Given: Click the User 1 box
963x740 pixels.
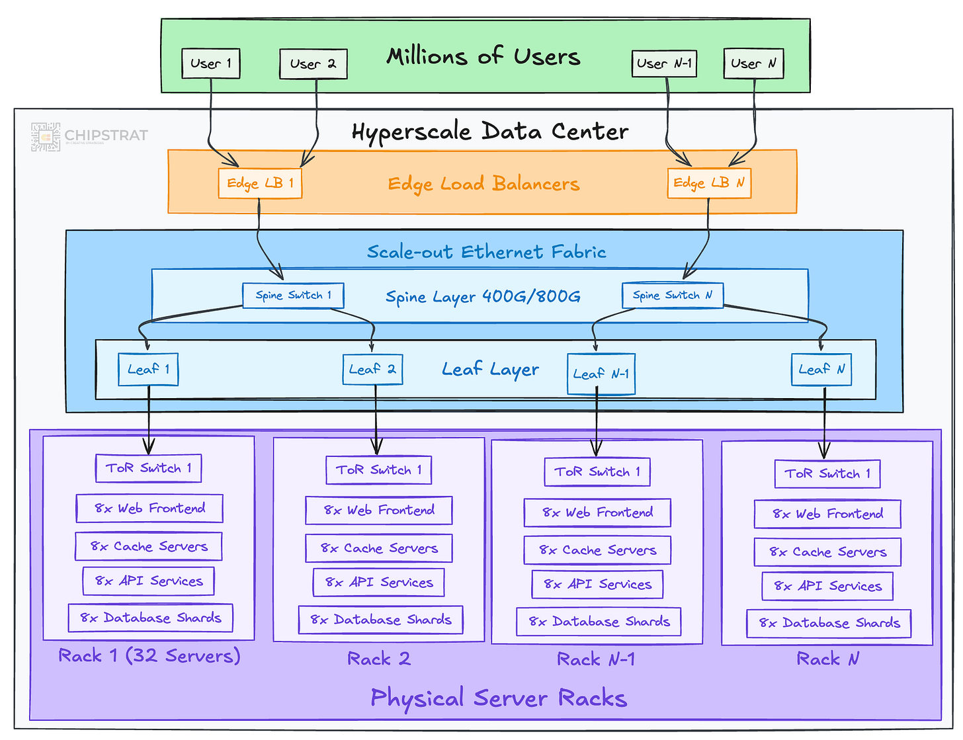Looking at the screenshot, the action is [x=210, y=63].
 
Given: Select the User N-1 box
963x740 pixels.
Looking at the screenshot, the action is [x=664, y=63].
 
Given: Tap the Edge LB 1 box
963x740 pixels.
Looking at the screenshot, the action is [x=260, y=183].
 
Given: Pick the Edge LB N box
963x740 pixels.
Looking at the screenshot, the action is [x=708, y=183].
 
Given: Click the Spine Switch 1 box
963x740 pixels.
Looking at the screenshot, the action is [x=293, y=295].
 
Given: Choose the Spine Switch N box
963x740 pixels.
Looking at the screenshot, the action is [x=672, y=295].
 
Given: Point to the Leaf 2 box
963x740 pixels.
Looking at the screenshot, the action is [x=372, y=369].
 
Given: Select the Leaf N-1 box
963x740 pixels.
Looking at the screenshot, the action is [x=601, y=374].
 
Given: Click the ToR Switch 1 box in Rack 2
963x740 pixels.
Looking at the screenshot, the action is [x=378, y=470].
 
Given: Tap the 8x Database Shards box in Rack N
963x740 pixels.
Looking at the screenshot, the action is [x=828, y=623].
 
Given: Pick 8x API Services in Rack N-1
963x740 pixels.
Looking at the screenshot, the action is [x=597, y=584].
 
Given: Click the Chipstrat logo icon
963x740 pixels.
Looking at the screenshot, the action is [x=46, y=137].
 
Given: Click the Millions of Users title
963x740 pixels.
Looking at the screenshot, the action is [x=483, y=56].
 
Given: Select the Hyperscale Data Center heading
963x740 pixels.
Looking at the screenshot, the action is [x=489, y=132].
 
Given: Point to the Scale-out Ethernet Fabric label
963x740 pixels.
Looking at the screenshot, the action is [x=486, y=252].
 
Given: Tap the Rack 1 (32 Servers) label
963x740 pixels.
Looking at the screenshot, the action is [x=149, y=655].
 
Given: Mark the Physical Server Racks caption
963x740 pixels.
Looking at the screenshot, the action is [x=499, y=698].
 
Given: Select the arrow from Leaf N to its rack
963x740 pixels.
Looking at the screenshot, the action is [x=824, y=423].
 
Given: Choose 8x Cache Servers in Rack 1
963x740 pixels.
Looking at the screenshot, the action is [x=148, y=546].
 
